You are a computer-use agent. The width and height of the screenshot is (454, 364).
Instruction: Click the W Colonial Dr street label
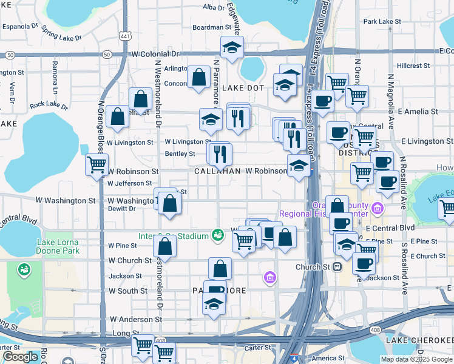pos(155,54)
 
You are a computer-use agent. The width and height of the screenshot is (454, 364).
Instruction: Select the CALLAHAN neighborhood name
pos(217,172)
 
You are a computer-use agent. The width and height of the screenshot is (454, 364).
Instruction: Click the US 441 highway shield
pos(125,37)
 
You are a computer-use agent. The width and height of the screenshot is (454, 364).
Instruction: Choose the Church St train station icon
pos(337,266)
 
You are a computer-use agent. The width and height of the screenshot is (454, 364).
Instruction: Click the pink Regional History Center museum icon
pos(378,209)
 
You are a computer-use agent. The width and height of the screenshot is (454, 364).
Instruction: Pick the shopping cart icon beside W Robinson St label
pos(97,164)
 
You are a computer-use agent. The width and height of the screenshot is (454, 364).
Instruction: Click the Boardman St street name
pos(212,27)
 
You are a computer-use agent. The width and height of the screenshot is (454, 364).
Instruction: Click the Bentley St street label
pos(180,154)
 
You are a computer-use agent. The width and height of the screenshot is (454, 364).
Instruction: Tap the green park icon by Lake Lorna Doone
pos(25,269)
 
